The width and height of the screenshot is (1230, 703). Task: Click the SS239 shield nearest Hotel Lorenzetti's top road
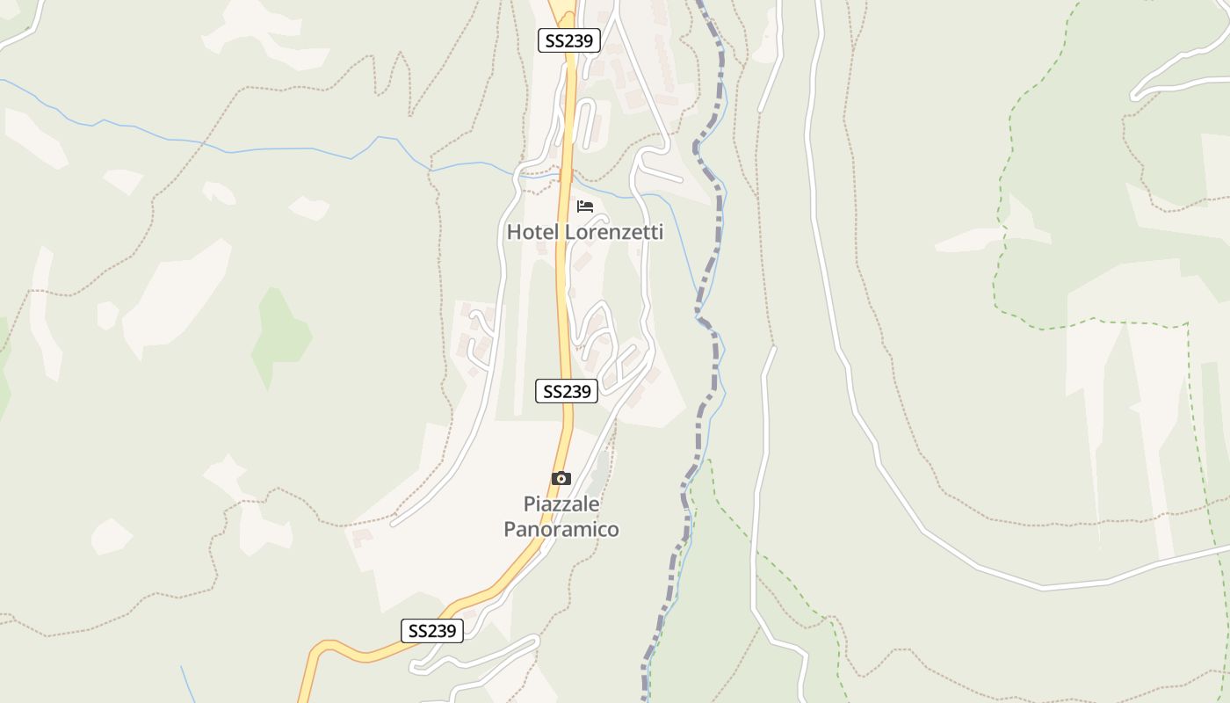pos(568,40)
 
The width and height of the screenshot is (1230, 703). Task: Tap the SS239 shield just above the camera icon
pos(567,391)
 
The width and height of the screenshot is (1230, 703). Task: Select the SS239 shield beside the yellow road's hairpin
pos(432,631)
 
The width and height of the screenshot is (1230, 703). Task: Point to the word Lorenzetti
pos(613,233)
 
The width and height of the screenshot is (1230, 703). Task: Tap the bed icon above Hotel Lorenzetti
pos(585,207)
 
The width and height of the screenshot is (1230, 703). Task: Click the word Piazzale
pos(561,504)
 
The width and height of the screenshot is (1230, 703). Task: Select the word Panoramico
pos(561,529)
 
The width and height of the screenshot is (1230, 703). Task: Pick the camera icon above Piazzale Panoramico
pos(561,479)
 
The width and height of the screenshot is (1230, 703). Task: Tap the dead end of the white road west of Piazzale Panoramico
pos(393,525)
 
